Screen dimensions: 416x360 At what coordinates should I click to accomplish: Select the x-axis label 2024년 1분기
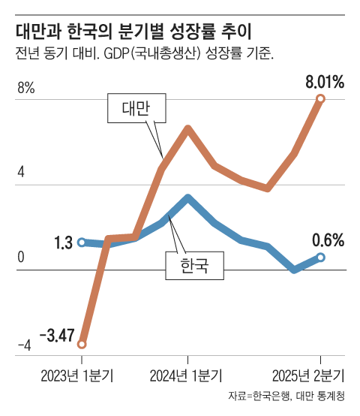pos(187,375)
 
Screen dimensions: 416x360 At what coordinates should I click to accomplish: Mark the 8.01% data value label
pos(324,82)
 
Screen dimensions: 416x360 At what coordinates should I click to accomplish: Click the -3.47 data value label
pos(55,335)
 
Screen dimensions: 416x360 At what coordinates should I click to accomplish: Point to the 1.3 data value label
pos(63,243)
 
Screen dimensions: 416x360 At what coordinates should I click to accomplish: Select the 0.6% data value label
pos(328,240)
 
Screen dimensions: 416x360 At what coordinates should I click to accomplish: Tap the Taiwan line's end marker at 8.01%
pos(321,99)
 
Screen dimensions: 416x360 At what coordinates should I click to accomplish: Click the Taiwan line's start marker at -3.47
pos(82,344)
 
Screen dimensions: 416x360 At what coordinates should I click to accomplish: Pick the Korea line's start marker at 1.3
pos(82,242)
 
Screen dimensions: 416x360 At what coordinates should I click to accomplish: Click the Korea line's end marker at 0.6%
pos(321,257)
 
